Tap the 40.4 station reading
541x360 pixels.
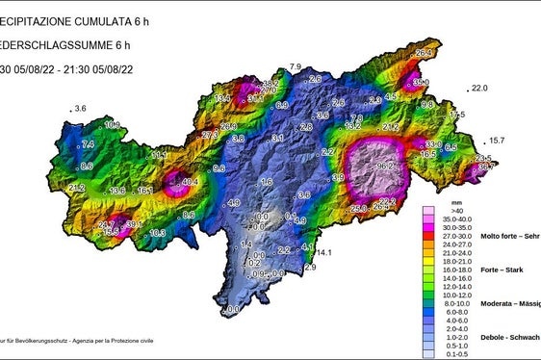point(190,181)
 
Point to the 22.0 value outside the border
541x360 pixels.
point(481,89)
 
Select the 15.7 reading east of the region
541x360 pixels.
point(497,141)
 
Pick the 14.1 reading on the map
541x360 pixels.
point(323,253)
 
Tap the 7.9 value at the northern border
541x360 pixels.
point(296,66)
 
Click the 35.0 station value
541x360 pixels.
point(420,84)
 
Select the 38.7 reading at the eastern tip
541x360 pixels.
point(487,167)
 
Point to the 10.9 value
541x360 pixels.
point(113,125)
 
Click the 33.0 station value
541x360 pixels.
point(433,144)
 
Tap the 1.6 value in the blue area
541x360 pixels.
point(267,182)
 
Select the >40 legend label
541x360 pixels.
point(443,210)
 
